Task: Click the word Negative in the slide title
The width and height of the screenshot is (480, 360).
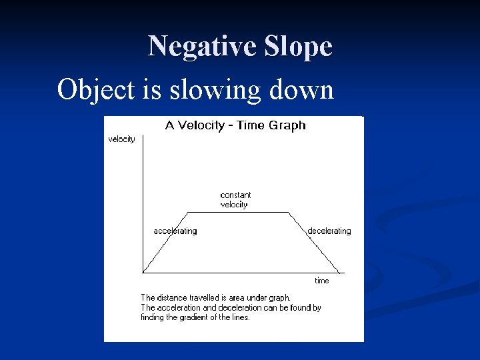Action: (194, 47)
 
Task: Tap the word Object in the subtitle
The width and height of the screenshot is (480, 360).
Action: (96, 89)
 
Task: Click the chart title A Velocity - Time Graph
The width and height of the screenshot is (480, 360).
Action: (235, 125)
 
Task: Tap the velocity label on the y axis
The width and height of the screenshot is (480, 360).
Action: (121, 139)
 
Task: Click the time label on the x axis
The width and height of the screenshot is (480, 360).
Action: (322, 281)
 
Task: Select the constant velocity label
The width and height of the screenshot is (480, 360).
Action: (235, 200)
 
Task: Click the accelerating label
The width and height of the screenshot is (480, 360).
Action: (175, 231)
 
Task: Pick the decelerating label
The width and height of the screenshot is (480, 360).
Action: (329, 231)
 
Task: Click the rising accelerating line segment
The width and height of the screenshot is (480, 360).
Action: (166, 242)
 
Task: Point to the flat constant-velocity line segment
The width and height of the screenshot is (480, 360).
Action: (238, 212)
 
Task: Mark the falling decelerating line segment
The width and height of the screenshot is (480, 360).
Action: (314, 242)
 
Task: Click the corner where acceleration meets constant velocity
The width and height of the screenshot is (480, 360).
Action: (188, 212)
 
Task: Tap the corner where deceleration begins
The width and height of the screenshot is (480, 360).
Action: (289, 212)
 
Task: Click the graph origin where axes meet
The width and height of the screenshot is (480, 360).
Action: (143, 272)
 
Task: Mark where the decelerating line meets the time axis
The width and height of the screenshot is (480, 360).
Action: (339, 272)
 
